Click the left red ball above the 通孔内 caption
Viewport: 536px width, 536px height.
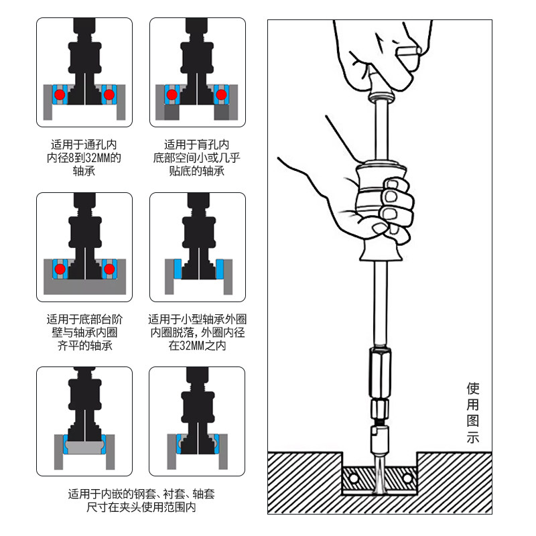[60, 95]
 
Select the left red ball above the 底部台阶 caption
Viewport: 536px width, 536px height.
[60, 269]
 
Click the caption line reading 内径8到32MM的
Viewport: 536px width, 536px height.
[84, 158]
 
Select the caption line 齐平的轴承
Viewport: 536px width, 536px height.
[84, 346]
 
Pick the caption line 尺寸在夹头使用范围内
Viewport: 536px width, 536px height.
[141, 508]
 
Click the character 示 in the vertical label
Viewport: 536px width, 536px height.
[473, 439]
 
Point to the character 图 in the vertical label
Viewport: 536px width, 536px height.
[473, 422]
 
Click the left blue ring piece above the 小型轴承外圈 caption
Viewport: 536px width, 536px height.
[177, 269]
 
